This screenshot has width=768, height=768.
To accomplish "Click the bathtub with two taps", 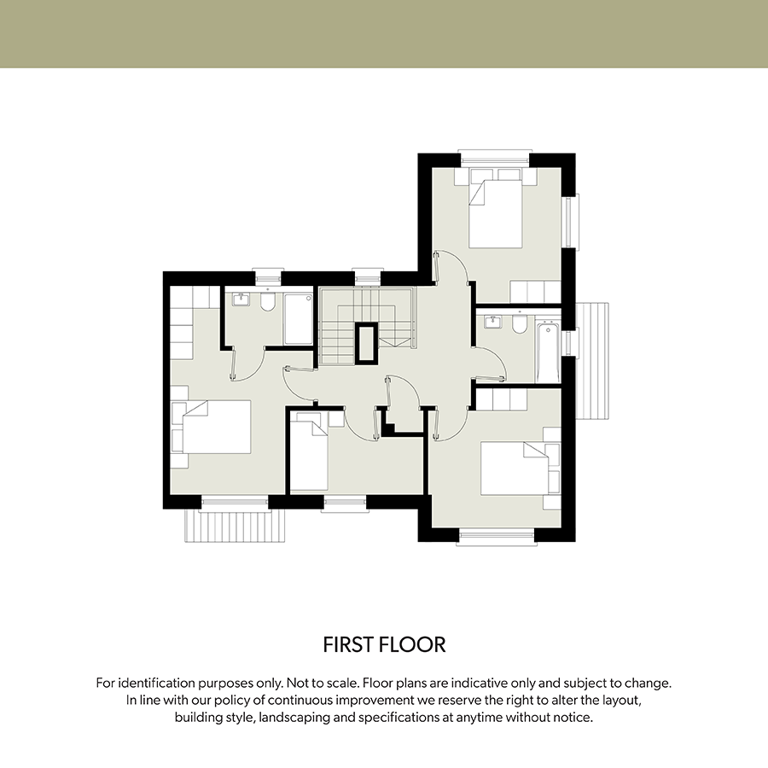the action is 548,352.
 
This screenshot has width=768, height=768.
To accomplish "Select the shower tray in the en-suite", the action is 299,319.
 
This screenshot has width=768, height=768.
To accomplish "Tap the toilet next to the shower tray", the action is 267,302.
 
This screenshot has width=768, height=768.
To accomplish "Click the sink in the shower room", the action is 241,299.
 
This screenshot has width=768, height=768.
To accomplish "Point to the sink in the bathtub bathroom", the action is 492,323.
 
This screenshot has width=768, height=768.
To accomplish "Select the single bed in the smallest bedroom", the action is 309,451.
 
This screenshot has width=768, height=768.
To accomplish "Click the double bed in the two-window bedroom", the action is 495,214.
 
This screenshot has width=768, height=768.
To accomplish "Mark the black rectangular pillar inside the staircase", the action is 367,343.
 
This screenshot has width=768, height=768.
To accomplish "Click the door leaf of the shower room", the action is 234,363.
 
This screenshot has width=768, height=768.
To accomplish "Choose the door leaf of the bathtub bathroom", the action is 489,378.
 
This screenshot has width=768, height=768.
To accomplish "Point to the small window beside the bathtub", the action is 570,342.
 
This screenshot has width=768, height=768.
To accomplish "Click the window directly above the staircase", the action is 368,276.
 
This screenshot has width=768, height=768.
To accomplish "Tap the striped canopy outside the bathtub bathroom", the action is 592,361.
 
